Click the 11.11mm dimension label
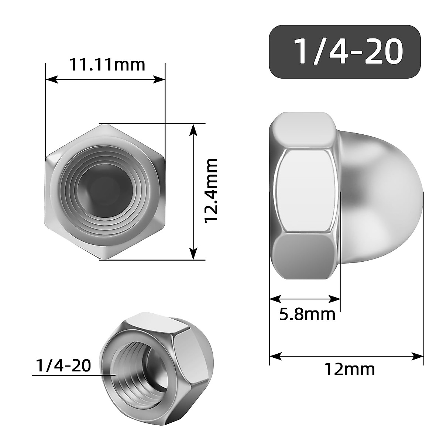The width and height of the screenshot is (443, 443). pos(107,65)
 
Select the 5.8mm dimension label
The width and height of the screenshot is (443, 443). pos(307,315)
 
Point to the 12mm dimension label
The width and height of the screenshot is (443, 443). pos(349,369)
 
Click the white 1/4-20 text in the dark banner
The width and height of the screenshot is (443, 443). pos(347,52)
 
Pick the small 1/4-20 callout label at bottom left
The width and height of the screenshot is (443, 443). pos(63,366)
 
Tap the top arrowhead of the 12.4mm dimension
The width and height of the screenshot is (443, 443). pos(193,129)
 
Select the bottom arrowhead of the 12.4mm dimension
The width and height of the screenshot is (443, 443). pos(193,254)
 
